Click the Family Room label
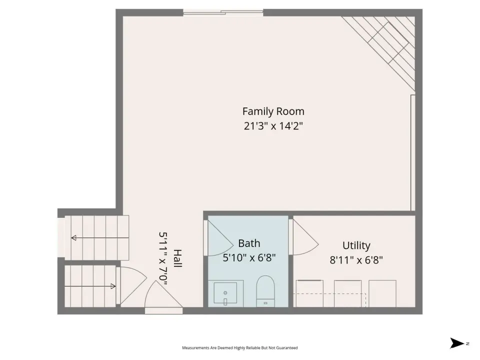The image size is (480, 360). [x=273, y=111]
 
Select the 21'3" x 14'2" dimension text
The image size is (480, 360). [x=273, y=126]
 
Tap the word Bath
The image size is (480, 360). [x=249, y=243]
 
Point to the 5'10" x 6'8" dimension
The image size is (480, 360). [x=249, y=258]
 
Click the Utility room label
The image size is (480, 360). [x=356, y=245]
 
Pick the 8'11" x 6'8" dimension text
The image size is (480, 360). [x=356, y=260]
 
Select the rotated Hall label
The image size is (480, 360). [x=178, y=258]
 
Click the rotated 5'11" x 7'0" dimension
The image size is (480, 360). [x=163, y=258]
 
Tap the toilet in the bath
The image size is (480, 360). [x=265, y=291]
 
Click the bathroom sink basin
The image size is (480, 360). [x=225, y=293]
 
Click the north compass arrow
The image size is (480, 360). [x=456, y=343]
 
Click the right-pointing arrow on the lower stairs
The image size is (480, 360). [x=90, y=286]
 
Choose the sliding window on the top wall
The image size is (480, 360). [x=223, y=12]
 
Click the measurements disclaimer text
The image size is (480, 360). [x=239, y=348]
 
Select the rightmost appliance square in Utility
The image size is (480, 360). [x=382, y=293]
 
